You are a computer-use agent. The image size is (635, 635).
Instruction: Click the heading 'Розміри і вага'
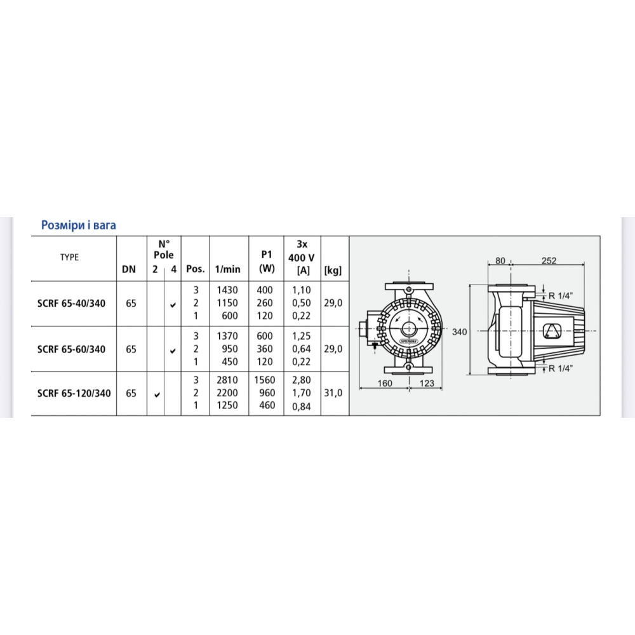(x=79, y=225)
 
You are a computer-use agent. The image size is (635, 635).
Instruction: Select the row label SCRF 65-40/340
(x=71, y=304)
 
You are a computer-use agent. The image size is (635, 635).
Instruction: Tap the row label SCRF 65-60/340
(x=71, y=349)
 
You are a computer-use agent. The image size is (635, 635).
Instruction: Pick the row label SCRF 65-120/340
(x=74, y=393)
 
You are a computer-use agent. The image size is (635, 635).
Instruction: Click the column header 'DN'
(x=129, y=269)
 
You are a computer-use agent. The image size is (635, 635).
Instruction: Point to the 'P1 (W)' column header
(x=267, y=261)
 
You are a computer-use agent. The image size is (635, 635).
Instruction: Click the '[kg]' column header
(x=333, y=270)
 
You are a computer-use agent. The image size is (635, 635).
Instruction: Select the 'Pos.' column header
(x=195, y=269)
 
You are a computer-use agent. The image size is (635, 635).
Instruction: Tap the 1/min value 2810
(x=227, y=380)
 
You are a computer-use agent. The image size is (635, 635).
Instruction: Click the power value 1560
(x=264, y=380)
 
